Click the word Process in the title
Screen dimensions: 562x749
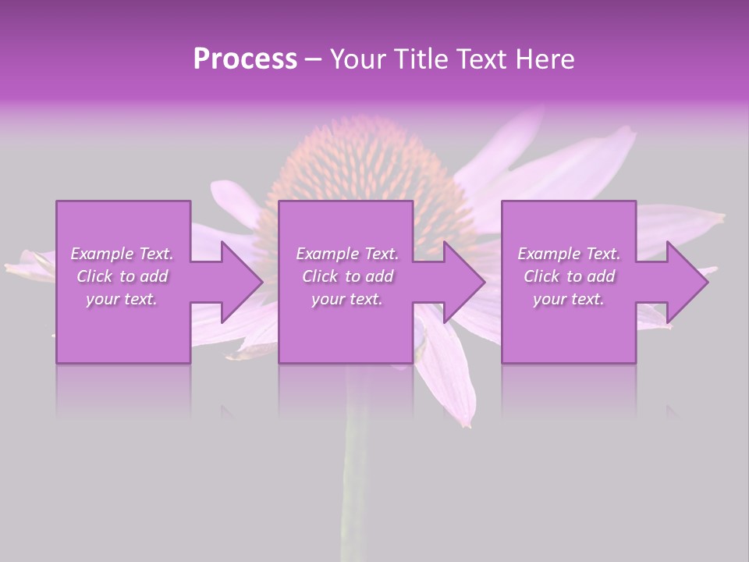click(x=245, y=59)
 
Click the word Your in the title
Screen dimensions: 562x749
click(x=359, y=59)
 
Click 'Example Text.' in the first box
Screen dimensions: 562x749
click(x=122, y=254)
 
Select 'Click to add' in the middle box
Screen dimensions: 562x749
click(x=347, y=276)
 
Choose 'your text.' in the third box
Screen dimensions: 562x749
click(x=569, y=299)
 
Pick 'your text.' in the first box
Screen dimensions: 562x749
click(x=122, y=299)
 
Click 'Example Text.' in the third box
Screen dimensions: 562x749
click(x=569, y=254)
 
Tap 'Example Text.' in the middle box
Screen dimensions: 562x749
click(x=347, y=254)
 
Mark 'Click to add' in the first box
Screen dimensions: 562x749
click(x=122, y=276)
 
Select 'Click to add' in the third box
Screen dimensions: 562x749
click(x=569, y=276)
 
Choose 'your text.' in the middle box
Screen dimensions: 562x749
click(x=347, y=299)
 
